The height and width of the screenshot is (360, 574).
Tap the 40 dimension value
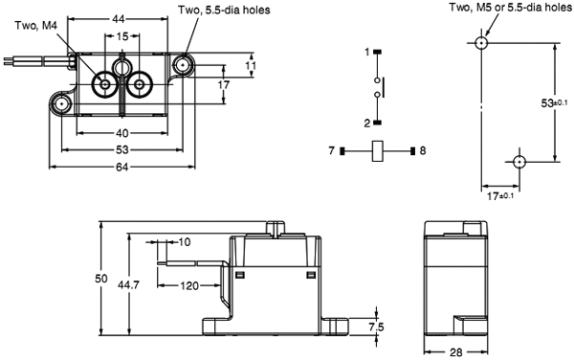point(122,134)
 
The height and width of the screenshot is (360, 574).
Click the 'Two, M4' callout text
point(34,25)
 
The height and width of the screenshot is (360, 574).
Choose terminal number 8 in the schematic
point(423,150)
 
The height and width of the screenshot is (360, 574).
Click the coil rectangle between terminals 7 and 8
point(378,150)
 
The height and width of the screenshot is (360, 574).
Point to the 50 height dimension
point(100,278)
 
